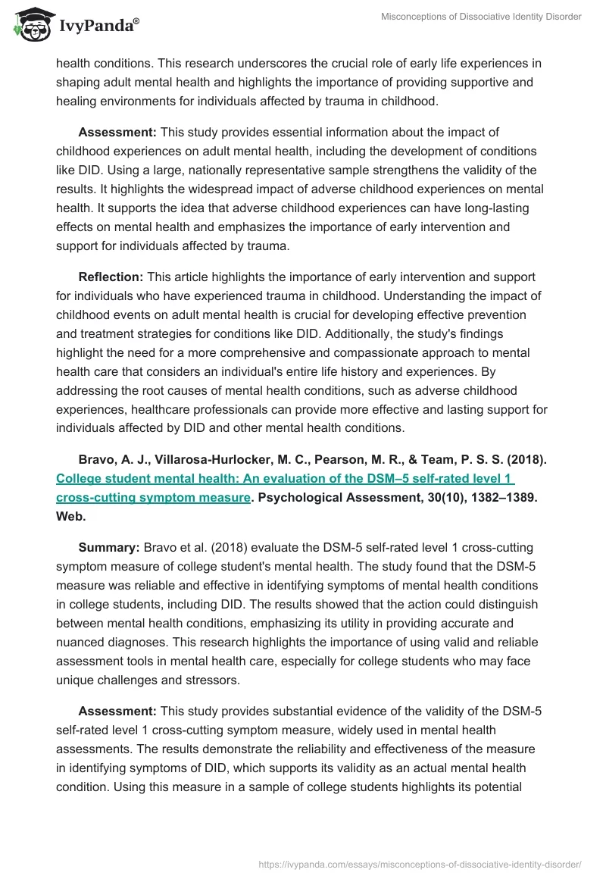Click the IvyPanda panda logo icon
pos(30,24)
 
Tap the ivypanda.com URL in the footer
pos(420,863)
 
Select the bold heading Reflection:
pos(111,277)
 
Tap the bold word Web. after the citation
pos(71,516)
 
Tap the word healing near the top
pos(76,101)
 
